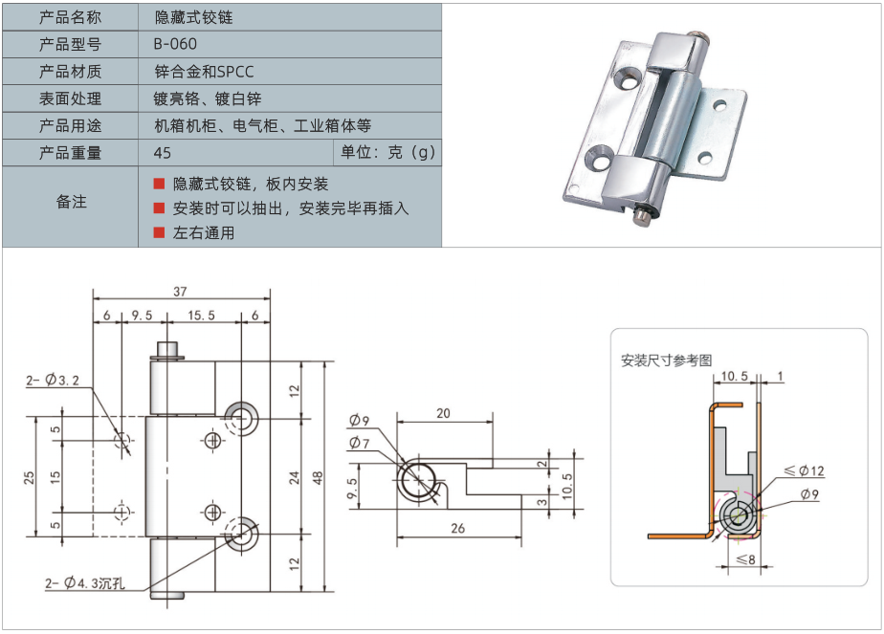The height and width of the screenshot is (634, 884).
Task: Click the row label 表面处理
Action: (70, 98)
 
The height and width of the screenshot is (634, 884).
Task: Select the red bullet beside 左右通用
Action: (159, 232)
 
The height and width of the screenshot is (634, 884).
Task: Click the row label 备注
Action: (71, 202)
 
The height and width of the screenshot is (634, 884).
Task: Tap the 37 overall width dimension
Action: (180, 292)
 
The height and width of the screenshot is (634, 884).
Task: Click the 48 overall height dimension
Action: (319, 476)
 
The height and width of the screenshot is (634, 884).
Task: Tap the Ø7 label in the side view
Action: (360, 443)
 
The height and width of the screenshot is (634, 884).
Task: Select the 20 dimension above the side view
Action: (443, 414)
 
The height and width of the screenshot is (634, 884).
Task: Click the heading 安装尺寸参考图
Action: (666, 360)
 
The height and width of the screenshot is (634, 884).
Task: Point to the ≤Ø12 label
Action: (805, 470)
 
